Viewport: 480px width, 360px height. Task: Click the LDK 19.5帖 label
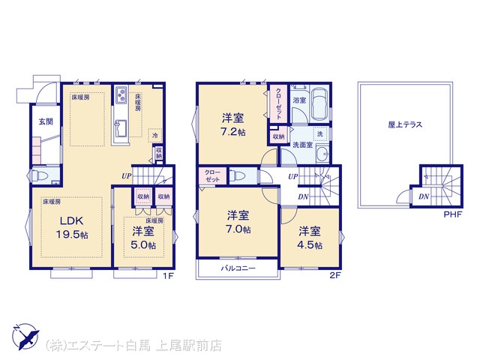72,227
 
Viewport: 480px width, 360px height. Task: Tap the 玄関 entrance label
46,121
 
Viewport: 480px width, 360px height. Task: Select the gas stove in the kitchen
121,94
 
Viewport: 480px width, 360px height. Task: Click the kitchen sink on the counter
121,129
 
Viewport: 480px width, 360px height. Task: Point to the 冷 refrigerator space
155,135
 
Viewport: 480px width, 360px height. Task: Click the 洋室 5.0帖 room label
143,238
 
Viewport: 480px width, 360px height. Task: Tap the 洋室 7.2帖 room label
233,124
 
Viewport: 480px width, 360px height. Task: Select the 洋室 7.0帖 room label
238,222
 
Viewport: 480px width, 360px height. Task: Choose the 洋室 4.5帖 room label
310,238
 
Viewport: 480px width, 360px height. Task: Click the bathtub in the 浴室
319,105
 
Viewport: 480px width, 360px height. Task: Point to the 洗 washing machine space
320,133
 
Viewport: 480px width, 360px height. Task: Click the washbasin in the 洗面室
322,152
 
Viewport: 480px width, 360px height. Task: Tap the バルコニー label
238,268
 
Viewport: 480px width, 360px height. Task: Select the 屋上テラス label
405,124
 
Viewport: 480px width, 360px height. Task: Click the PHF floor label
452,214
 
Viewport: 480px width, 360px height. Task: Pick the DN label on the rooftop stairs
424,196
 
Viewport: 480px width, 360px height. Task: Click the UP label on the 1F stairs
127,176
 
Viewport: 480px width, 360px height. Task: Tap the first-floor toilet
39,175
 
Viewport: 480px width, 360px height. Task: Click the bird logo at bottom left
25,337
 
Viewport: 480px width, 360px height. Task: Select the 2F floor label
335,275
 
